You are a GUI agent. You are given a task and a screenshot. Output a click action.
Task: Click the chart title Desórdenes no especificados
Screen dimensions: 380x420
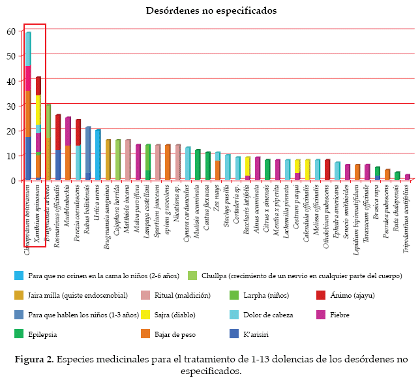pyautogui.click(x=211, y=11)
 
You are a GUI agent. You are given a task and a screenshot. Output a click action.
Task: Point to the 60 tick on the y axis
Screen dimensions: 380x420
pyautogui.click(x=11, y=31)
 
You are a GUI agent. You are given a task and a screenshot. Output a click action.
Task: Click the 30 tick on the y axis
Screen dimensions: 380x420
pyautogui.click(x=11, y=105)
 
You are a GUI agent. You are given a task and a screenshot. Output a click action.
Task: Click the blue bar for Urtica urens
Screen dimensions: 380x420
pyautogui.click(x=98, y=155)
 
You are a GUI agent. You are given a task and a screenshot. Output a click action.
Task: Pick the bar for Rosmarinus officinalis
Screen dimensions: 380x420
pyautogui.click(x=58, y=148)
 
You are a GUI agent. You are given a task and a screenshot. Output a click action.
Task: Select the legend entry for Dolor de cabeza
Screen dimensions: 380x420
pyautogui.click(x=285, y=315)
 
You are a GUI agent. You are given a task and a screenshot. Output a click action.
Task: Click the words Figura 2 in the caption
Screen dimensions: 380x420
pyautogui.click(x=34, y=359)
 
